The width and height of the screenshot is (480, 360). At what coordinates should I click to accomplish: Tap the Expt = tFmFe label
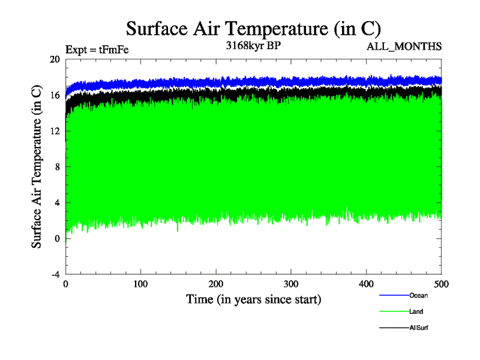(97, 50)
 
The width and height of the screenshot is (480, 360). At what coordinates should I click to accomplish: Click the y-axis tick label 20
(55, 59)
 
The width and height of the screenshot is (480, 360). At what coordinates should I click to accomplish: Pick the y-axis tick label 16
(55, 95)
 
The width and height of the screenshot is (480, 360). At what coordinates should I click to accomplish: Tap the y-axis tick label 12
(55, 131)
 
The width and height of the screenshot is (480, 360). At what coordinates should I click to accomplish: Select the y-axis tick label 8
(57, 167)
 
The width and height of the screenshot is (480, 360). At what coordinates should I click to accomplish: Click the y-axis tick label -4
(55, 274)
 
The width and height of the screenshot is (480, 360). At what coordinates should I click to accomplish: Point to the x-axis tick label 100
(140, 284)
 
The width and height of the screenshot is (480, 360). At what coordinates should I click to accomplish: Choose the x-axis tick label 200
(216, 284)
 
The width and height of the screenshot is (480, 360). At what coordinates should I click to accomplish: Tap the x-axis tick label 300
(291, 284)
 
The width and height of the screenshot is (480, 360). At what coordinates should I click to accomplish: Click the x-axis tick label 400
(366, 284)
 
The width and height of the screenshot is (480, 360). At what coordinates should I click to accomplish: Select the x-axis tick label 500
(441, 284)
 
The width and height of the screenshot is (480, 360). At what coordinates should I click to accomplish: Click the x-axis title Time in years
(253, 299)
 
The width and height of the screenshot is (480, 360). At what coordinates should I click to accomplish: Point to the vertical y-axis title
(37, 167)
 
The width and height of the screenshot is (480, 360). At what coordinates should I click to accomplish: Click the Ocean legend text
(418, 295)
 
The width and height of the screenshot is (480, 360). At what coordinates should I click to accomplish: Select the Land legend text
(416, 311)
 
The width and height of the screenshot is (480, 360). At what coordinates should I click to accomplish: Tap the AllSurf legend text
(419, 328)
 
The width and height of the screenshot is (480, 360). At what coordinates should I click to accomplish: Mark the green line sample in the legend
(394, 311)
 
